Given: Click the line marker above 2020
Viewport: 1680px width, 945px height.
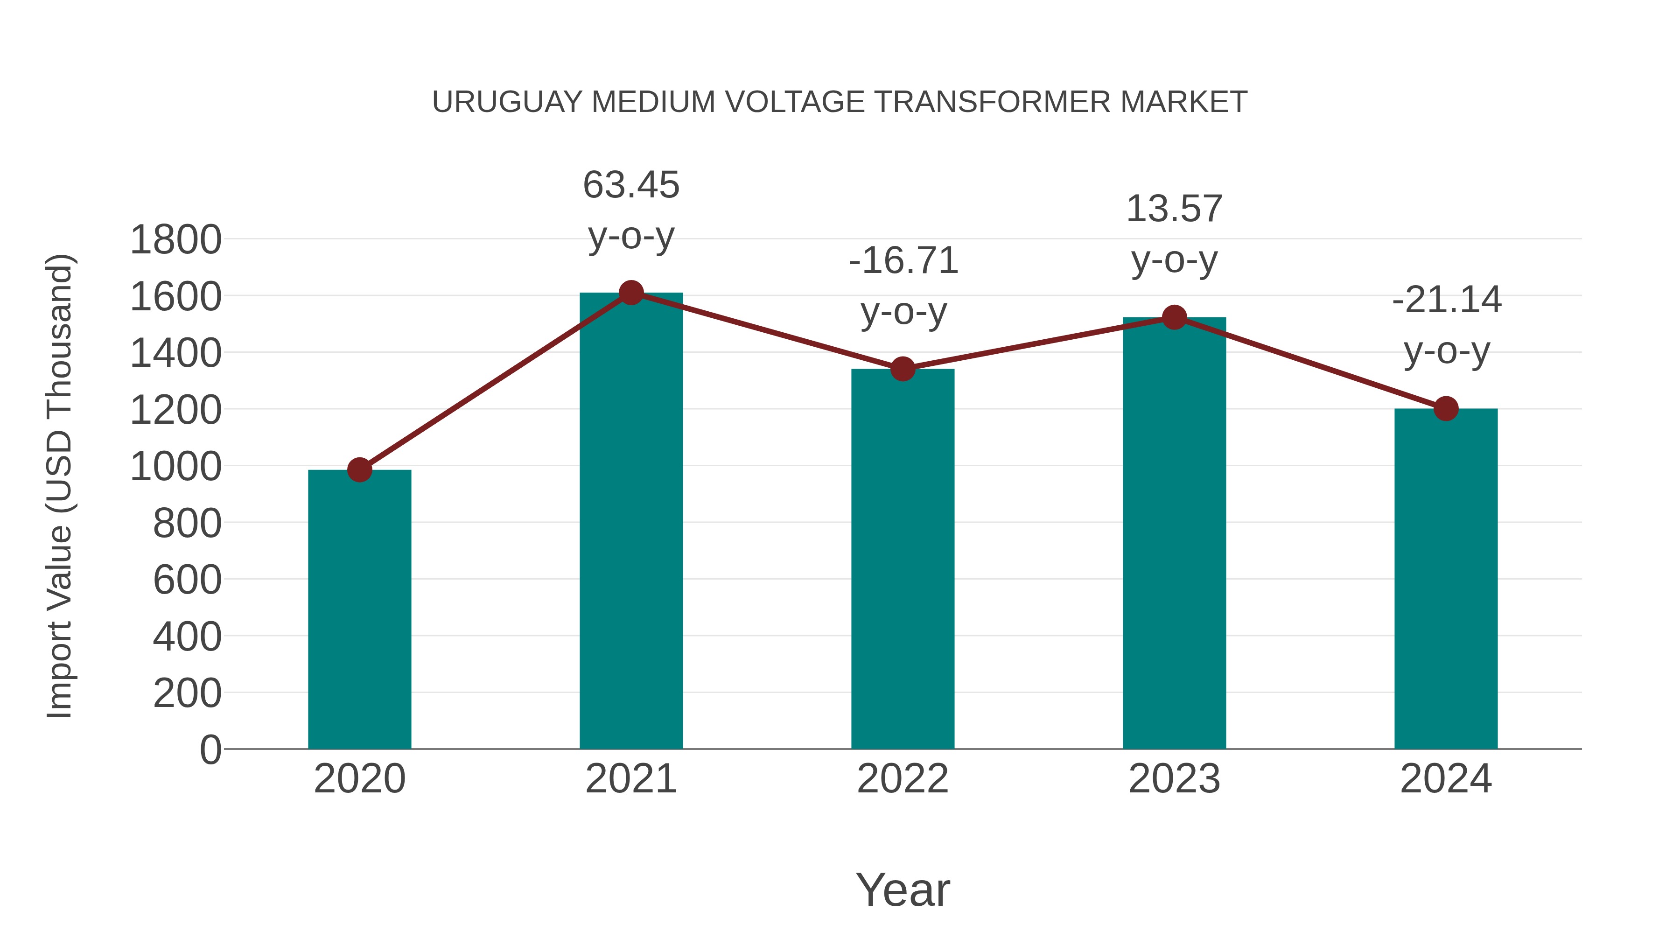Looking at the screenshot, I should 359,469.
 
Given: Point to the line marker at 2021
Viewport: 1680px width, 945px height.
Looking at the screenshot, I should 630,293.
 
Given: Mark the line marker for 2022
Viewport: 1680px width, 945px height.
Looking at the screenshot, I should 903,369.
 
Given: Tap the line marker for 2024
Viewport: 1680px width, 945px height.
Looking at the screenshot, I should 1446,409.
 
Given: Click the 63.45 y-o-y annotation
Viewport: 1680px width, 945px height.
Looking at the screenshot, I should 630,210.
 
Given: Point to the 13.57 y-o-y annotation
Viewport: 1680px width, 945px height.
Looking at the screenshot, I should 1174,234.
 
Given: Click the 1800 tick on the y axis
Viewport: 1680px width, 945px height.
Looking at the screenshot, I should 175,239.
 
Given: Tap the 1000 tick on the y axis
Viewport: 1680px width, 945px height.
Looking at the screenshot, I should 175,466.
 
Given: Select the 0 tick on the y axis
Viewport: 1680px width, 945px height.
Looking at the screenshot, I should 210,749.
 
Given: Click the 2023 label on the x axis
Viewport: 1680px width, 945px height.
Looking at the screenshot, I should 1174,779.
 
